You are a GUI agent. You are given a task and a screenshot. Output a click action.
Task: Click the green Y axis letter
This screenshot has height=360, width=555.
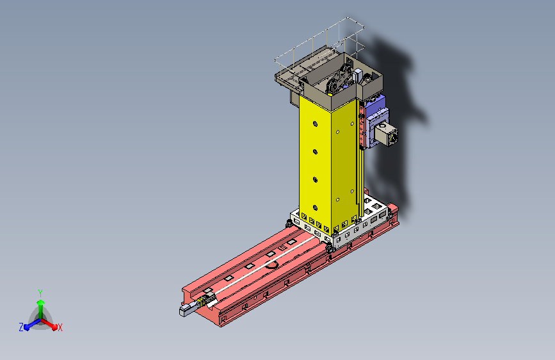pos(40,293)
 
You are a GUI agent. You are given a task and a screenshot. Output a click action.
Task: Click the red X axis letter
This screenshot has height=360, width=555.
pos(60,327)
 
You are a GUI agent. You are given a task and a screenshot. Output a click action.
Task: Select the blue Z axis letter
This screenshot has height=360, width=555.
pos(21,327)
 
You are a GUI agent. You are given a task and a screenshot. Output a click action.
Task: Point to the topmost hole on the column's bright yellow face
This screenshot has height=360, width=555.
pos(315,124)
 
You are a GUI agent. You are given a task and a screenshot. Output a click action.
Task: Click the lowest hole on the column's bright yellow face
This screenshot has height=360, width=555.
pos(315,208)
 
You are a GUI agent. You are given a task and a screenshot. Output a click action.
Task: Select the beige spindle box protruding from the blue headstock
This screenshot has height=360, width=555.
pos(386,135)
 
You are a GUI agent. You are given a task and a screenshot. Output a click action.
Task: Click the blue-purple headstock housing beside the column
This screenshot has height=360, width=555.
pos(375,120)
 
